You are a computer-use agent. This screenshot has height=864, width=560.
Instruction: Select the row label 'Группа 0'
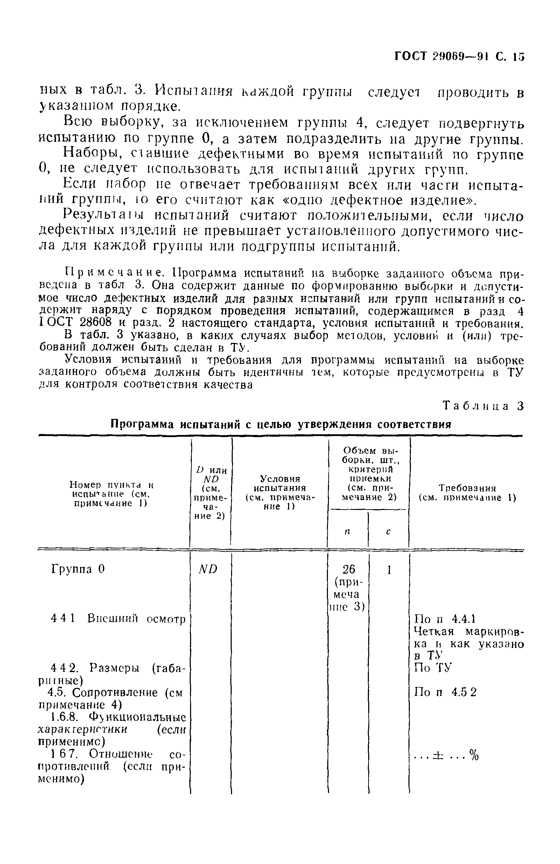point(78,569)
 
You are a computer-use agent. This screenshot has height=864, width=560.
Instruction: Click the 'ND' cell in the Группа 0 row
point(208,569)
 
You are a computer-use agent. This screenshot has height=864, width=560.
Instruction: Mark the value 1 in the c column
point(389,570)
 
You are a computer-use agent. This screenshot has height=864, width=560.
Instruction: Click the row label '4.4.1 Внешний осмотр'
point(118,618)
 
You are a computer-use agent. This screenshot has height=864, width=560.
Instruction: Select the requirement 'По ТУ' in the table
point(433,667)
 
